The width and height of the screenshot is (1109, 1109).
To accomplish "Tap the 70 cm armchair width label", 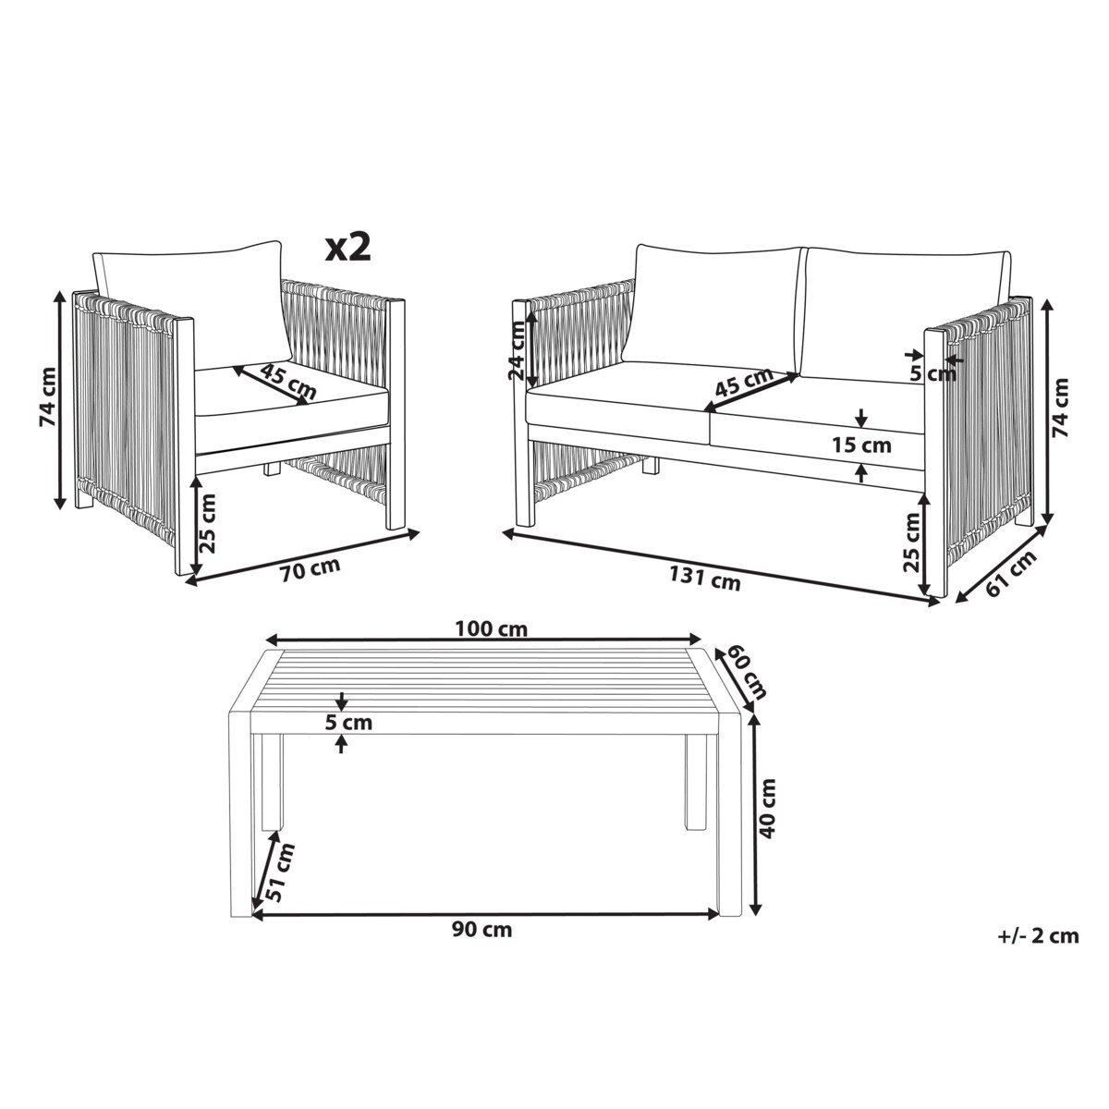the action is tap(311, 566).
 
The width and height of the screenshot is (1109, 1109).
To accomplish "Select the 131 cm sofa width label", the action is tap(705, 578).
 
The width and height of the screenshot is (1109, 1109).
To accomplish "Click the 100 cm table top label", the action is tap(492, 629).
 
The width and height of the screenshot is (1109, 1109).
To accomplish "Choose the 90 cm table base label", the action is tap(481, 945).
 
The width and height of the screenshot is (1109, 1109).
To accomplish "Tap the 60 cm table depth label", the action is tap(747, 672).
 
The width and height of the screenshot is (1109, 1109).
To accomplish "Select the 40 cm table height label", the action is tap(768, 808).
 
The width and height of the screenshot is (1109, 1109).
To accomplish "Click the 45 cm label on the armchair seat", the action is tap(287, 382).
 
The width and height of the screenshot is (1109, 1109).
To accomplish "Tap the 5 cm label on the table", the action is tap(348, 723).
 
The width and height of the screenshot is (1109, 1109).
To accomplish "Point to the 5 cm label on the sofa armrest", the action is tap(932, 374).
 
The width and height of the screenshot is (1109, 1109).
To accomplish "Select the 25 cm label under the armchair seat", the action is tap(208, 524).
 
